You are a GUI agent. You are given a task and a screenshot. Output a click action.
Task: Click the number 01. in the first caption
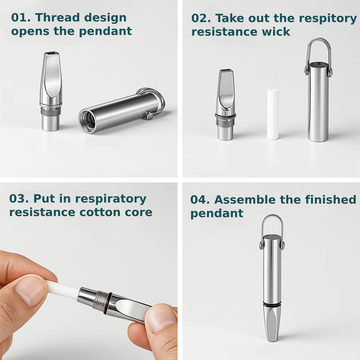tap(21, 18)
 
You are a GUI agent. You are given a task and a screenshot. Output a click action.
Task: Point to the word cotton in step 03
tap(100, 212)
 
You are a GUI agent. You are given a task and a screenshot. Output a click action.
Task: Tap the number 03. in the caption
tap(20, 199)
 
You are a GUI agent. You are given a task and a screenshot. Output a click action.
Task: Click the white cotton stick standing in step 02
tap(273, 114)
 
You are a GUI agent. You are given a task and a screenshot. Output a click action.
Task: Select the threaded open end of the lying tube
tap(88, 121)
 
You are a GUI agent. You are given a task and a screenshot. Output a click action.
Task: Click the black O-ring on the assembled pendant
tap(272, 304)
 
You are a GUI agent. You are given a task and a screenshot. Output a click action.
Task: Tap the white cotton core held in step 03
tap(63, 289)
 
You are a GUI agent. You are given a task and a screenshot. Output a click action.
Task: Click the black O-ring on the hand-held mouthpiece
tap(107, 303)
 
